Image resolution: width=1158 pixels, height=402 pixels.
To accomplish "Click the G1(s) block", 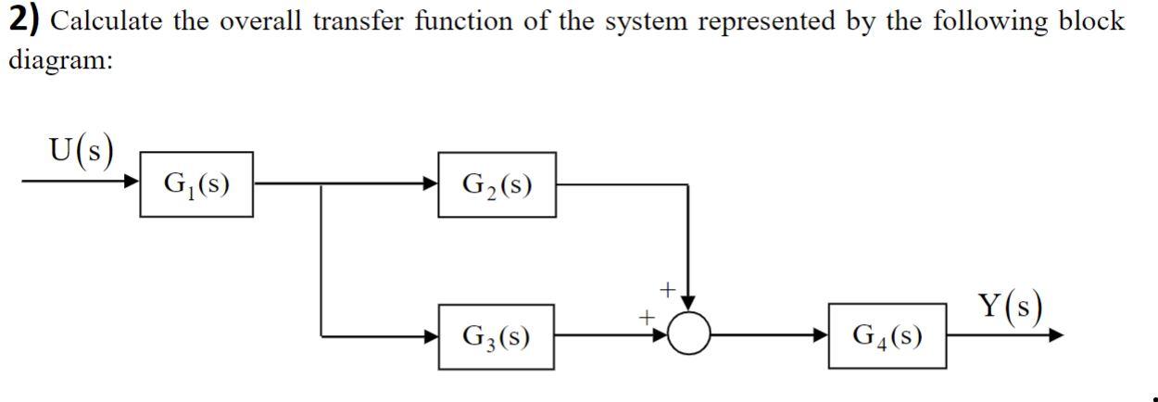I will [x=195, y=184].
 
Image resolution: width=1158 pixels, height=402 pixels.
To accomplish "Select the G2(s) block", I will [x=497, y=184].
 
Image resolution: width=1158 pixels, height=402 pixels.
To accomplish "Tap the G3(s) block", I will [x=497, y=336].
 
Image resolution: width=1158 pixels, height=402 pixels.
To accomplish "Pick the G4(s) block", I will [x=887, y=336].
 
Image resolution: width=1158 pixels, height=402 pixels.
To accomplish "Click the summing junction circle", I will [x=688, y=335].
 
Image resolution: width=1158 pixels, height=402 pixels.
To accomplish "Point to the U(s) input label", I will [x=82, y=151].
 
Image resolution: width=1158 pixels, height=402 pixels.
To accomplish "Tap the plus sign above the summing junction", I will [x=665, y=291].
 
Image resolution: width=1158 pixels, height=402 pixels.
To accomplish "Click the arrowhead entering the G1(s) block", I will [x=132, y=183].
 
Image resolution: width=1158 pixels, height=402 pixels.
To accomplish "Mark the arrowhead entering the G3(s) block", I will [x=431, y=336].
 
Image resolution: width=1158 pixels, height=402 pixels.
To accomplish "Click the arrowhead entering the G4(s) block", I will [x=822, y=336].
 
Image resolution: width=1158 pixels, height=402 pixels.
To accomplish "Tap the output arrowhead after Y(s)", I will [x=1057, y=336].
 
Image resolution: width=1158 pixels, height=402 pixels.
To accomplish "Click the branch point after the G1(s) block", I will [x=321, y=184].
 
